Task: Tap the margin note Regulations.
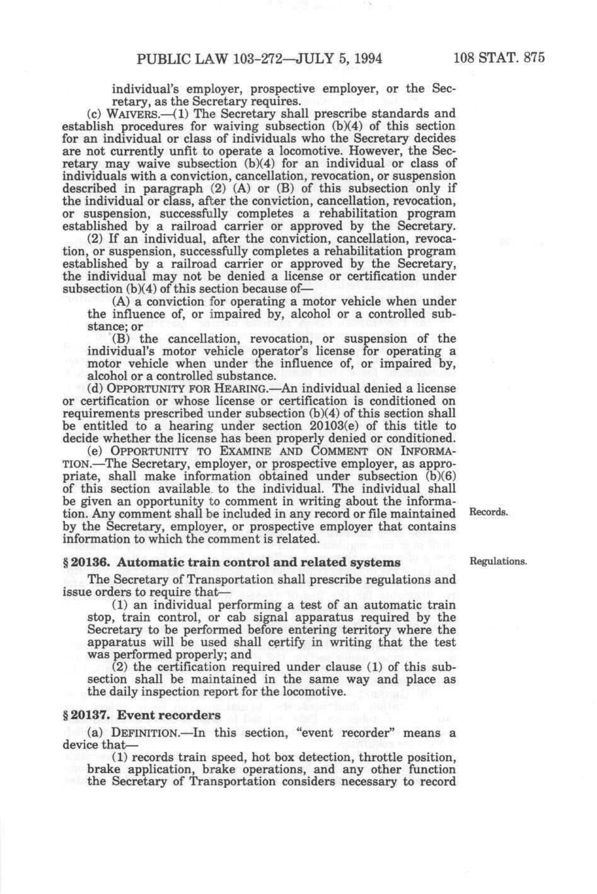[497, 561]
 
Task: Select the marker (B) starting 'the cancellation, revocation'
[122, 339]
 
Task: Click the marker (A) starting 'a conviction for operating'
[122, 301]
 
